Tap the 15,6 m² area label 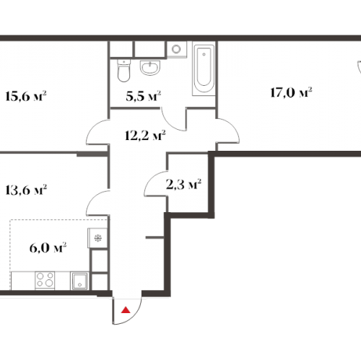coord(25,96)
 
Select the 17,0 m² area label coord(291,92)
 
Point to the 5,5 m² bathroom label coord(144,96)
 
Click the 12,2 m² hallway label coord(145,136)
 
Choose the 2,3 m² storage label coord(183,184)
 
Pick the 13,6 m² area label coord(26,190)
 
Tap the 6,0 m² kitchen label coord(48,247)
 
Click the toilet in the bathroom coord(124,70)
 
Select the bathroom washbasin coord(150,68)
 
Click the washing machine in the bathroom coord(177,49)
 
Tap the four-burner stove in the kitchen coord(45,280)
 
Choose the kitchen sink coord(79,281)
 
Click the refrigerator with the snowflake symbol coord(97,238)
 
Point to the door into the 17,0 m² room coord(228,131)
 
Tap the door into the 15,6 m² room coord(97,132)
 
